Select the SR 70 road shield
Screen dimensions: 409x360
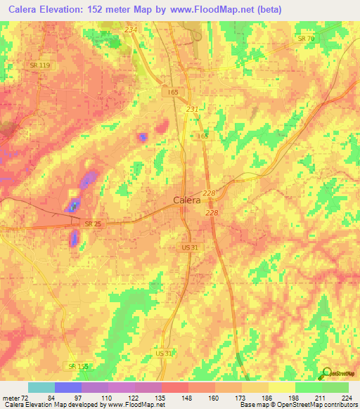pos(306,38)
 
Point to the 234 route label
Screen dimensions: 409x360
pos(131,29)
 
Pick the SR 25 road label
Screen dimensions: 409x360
pos(93,223)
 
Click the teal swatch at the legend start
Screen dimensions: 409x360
pos(41,387)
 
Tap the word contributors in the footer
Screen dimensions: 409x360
pos(340,405)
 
